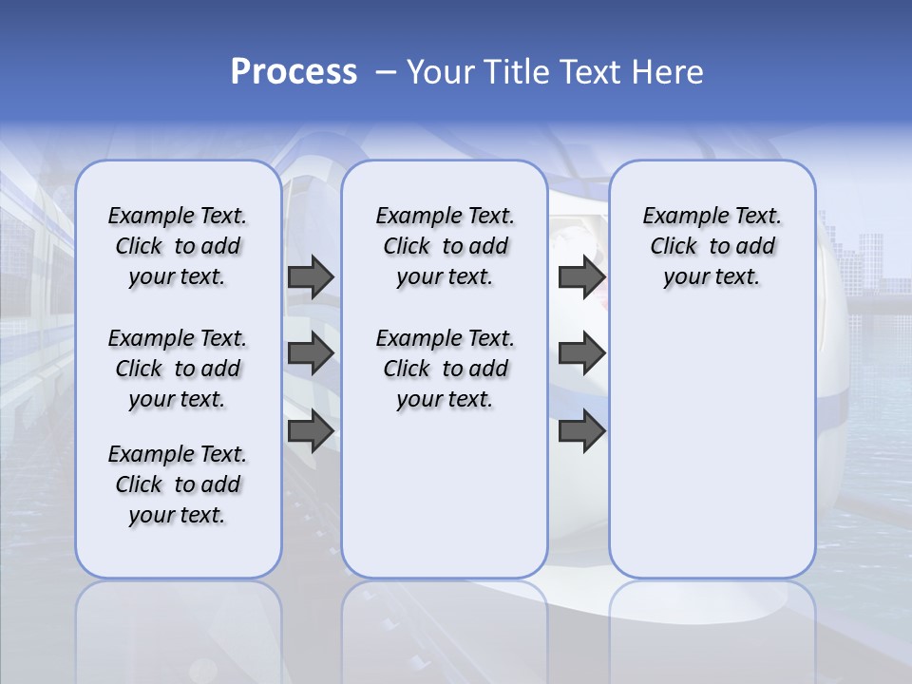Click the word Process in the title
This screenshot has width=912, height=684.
pos(294,72)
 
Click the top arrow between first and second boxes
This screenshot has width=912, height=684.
pos(311,277)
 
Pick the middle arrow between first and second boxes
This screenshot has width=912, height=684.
pos(311,353)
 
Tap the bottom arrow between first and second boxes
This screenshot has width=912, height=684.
pos(311,431)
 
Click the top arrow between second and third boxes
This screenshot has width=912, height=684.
pos(581,277)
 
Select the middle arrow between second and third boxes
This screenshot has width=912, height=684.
pos(581,353)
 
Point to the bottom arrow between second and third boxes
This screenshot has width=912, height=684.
pos(581,431)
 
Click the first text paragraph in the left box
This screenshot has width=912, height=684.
pos(178,246)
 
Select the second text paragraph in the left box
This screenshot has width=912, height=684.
pos(178,369)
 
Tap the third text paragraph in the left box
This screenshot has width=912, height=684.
pos(178,484)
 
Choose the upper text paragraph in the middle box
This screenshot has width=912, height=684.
pos(445,246)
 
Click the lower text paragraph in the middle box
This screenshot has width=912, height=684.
pos(445,369)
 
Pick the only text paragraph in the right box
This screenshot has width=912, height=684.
pos(712,246)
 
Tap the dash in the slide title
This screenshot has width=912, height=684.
pos(386,72)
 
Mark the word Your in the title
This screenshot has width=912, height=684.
pos(441,72)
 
